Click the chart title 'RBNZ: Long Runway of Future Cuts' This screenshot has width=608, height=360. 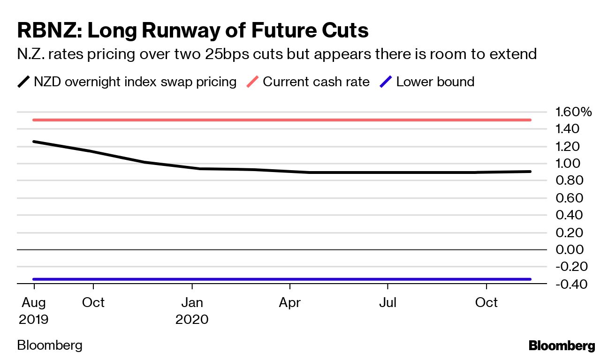pos(193,30)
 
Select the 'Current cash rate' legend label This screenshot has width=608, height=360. pos(316,82)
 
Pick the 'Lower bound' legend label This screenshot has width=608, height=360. pos(435,82)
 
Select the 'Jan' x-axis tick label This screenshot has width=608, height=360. pos(192,302)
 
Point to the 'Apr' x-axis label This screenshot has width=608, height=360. pos(289,302)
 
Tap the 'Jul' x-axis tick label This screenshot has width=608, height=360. pos(388,302)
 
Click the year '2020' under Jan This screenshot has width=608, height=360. pos(192,319)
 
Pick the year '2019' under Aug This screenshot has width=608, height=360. pos(33,319)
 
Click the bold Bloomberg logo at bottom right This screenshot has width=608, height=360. pos(562,346)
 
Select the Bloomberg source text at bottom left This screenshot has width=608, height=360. pos(50,345)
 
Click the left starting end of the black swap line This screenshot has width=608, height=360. pos(34,142)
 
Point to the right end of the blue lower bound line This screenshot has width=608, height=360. pos(530,279)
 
